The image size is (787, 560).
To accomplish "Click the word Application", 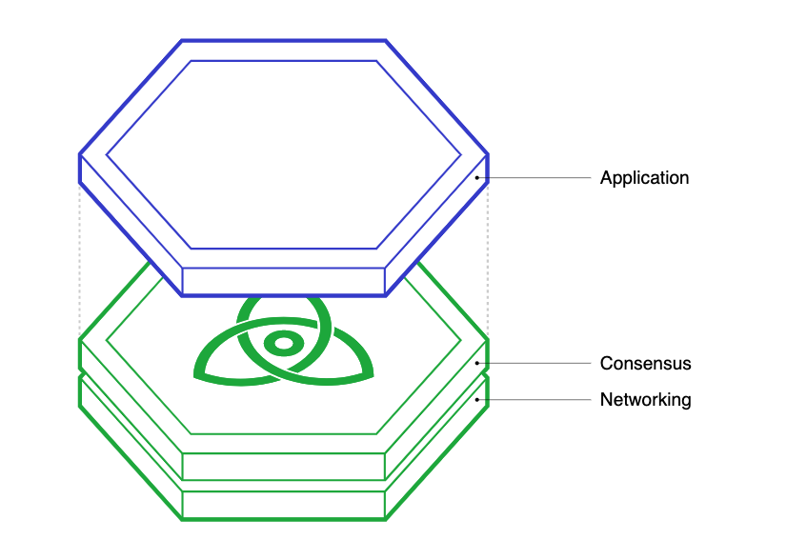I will pyautogui.click(x=644, y=178).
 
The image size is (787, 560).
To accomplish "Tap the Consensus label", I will pyautogui.click(x=645, y=364).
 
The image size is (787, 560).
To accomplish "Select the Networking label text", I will pyautogui.click(x=645, y=400).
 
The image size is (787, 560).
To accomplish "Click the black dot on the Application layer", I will pyautogui.click(x=476, y=178).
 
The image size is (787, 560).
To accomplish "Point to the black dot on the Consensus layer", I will pyautogui.click(x=476, y=363).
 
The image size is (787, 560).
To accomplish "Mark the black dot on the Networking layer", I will pyautogui.click(x=476, y=400).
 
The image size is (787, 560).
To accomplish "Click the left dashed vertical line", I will pyautogui.click(x=79, y=257).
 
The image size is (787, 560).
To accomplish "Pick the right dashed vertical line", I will pyautogui.click(x=489, y=257).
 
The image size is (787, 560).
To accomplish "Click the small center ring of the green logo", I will pyautogui.click(x=282, y=343).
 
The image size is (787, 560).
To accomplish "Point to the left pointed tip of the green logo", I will pyautogui.click(x=196, y=372).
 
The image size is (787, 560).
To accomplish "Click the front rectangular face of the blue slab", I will pyautogui.click(x=283, y=281).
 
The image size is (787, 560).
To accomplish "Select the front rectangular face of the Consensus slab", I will pyautogui.click(x=283, y=467).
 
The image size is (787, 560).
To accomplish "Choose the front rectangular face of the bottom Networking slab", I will pyautogui.click(x=283, y=505).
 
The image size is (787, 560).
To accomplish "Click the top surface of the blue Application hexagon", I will pyautogui.click(x=283, y=152).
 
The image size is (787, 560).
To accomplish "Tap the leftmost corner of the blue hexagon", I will pyautogui.click(x=79, y=154).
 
